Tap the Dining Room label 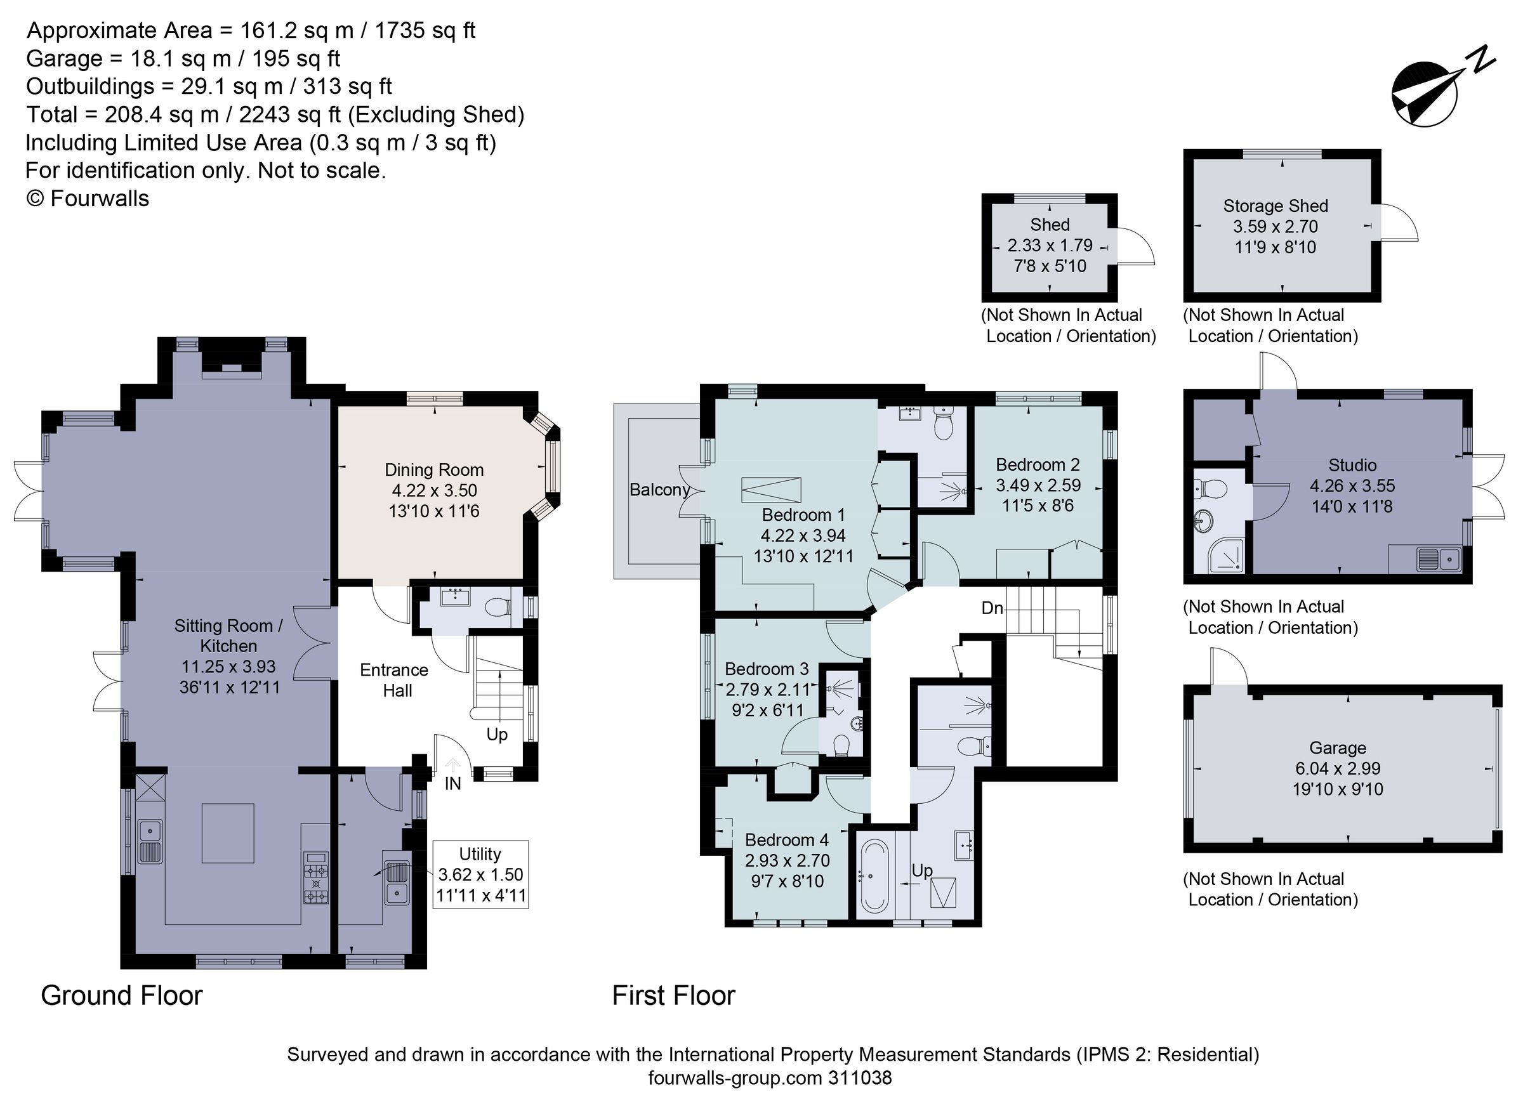(x=434, y=470)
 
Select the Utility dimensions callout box (x=480, y=874)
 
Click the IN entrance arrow (x=453, y=764)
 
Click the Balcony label (x=659, y=490)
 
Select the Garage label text (x=1337, y=748)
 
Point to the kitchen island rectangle (x=228, y=832)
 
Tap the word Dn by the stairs (x=992, y=608)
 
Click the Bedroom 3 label (x=766, y=669)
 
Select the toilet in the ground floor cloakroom (x=497, y=608)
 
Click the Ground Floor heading (x=122, y=995)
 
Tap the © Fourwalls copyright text (x=88, y=199)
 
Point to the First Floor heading (x=673, y=995)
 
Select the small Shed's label (x=1050, y=225)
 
